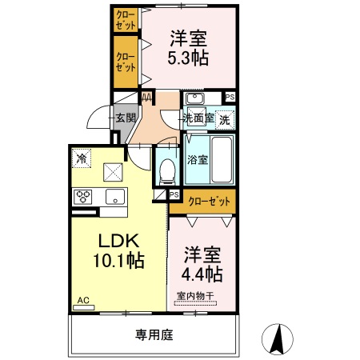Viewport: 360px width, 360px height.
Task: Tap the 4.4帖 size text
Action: (x=202, y=274)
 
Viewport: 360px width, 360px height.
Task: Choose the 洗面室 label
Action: (x=198, y=118)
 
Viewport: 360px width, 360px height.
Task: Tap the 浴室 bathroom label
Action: (x=198, y=158)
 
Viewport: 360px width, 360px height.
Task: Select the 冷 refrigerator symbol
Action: (x=81, y=158)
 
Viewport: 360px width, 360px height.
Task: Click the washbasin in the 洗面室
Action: (x=194, y=99)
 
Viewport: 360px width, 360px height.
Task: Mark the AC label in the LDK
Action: (x=82, y=302)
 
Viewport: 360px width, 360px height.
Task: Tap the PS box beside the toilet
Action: (x=174, y=194)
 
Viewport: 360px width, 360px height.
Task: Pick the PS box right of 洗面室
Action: (x=230, y=98)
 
